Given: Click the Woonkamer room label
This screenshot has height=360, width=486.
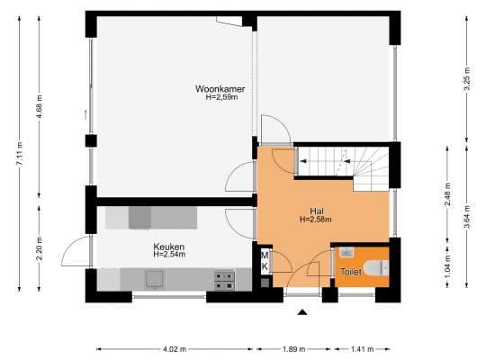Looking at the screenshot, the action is pos(220,89).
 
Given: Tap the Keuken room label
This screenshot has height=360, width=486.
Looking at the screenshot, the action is pos(169,247).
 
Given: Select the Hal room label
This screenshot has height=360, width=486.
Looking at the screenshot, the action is pos(317,211).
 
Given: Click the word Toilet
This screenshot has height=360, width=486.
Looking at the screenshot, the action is pos(351,272).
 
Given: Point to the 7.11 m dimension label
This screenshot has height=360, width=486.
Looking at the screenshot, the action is pos(20,154).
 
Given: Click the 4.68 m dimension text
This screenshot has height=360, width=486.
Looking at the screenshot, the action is pos(40,107).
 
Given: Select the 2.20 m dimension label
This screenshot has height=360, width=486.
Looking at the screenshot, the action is pos(40,248).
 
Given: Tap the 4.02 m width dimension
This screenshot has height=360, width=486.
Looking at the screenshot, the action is pos(175,349).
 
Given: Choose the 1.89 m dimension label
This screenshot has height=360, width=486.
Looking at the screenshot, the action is pos(293,349).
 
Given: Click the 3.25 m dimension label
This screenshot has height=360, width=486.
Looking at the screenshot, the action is pos(467,78).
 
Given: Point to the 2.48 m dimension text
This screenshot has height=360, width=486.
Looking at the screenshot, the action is pos(447,194).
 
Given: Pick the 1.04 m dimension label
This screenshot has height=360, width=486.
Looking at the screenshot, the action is pos(447,266).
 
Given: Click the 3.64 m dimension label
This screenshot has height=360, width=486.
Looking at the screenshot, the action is pos(467,217).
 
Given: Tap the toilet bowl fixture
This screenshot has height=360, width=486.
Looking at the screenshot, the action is pos(376,268).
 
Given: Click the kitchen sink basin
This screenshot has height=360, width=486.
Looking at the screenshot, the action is pos(155,280).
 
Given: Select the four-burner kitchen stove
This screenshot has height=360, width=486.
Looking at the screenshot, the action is pos(224,280).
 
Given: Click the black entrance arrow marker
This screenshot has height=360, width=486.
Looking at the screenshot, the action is pos(302,312).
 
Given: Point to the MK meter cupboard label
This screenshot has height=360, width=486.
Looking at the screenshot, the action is pos(265,261).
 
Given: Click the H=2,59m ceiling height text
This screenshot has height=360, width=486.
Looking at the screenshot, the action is pos(222,97).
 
